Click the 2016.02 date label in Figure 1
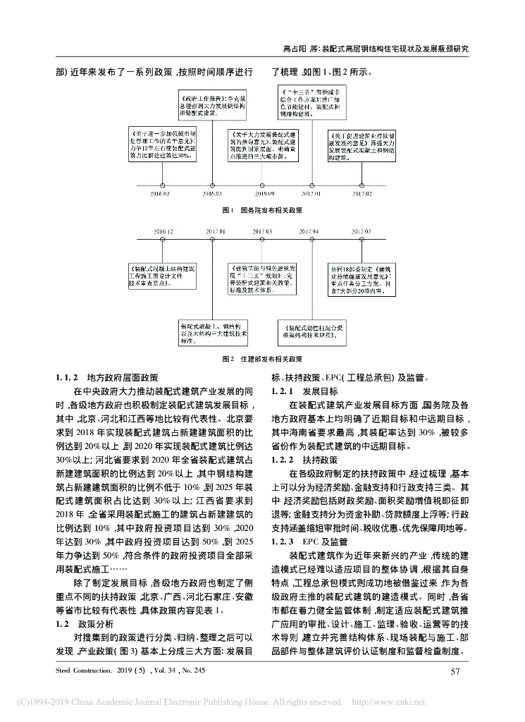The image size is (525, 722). click(161, 192)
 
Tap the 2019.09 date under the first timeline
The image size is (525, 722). click(264, 192)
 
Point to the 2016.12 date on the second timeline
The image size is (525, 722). click(161, 231)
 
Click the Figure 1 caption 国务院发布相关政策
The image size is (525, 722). click(261, 210)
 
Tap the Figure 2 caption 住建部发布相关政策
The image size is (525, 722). click(261, 358)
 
